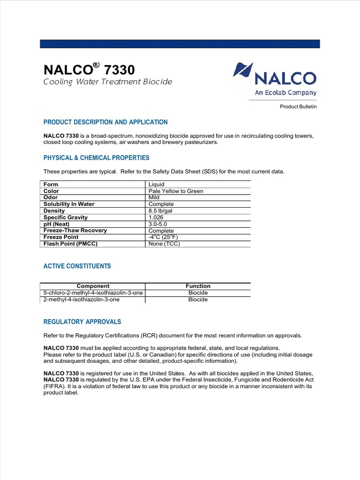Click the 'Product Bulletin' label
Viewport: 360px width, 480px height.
[x=298, y=107]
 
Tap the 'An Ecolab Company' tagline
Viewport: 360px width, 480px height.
[x=285, y=93]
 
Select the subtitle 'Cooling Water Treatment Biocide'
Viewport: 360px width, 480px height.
[x=108, y=82]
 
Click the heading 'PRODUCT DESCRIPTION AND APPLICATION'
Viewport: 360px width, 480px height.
[x=105, y=122]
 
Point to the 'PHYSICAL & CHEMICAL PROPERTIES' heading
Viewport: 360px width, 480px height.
[x=97, y=158]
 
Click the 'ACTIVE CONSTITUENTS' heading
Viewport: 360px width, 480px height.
[x=77, y=266]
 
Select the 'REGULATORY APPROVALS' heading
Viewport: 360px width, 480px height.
[x=82, y=322]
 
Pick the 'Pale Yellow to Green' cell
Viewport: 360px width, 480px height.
[x=176, y=191]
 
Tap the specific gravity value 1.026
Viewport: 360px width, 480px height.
[x=157, y=217]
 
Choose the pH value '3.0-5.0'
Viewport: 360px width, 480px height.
[x=158, y=224]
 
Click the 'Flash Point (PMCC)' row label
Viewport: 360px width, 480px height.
[x=70, y=244]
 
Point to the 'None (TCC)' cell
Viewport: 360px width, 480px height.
[x=164, y=244]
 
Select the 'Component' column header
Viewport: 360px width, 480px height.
[x=93, y=286]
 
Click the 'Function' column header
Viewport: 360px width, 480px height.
[x=198, y=286]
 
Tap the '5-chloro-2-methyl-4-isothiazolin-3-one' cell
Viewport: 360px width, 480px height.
[x=93, y=293]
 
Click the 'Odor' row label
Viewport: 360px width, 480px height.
[x=51, y=198]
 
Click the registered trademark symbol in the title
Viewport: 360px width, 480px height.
[x=97, y=66]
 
